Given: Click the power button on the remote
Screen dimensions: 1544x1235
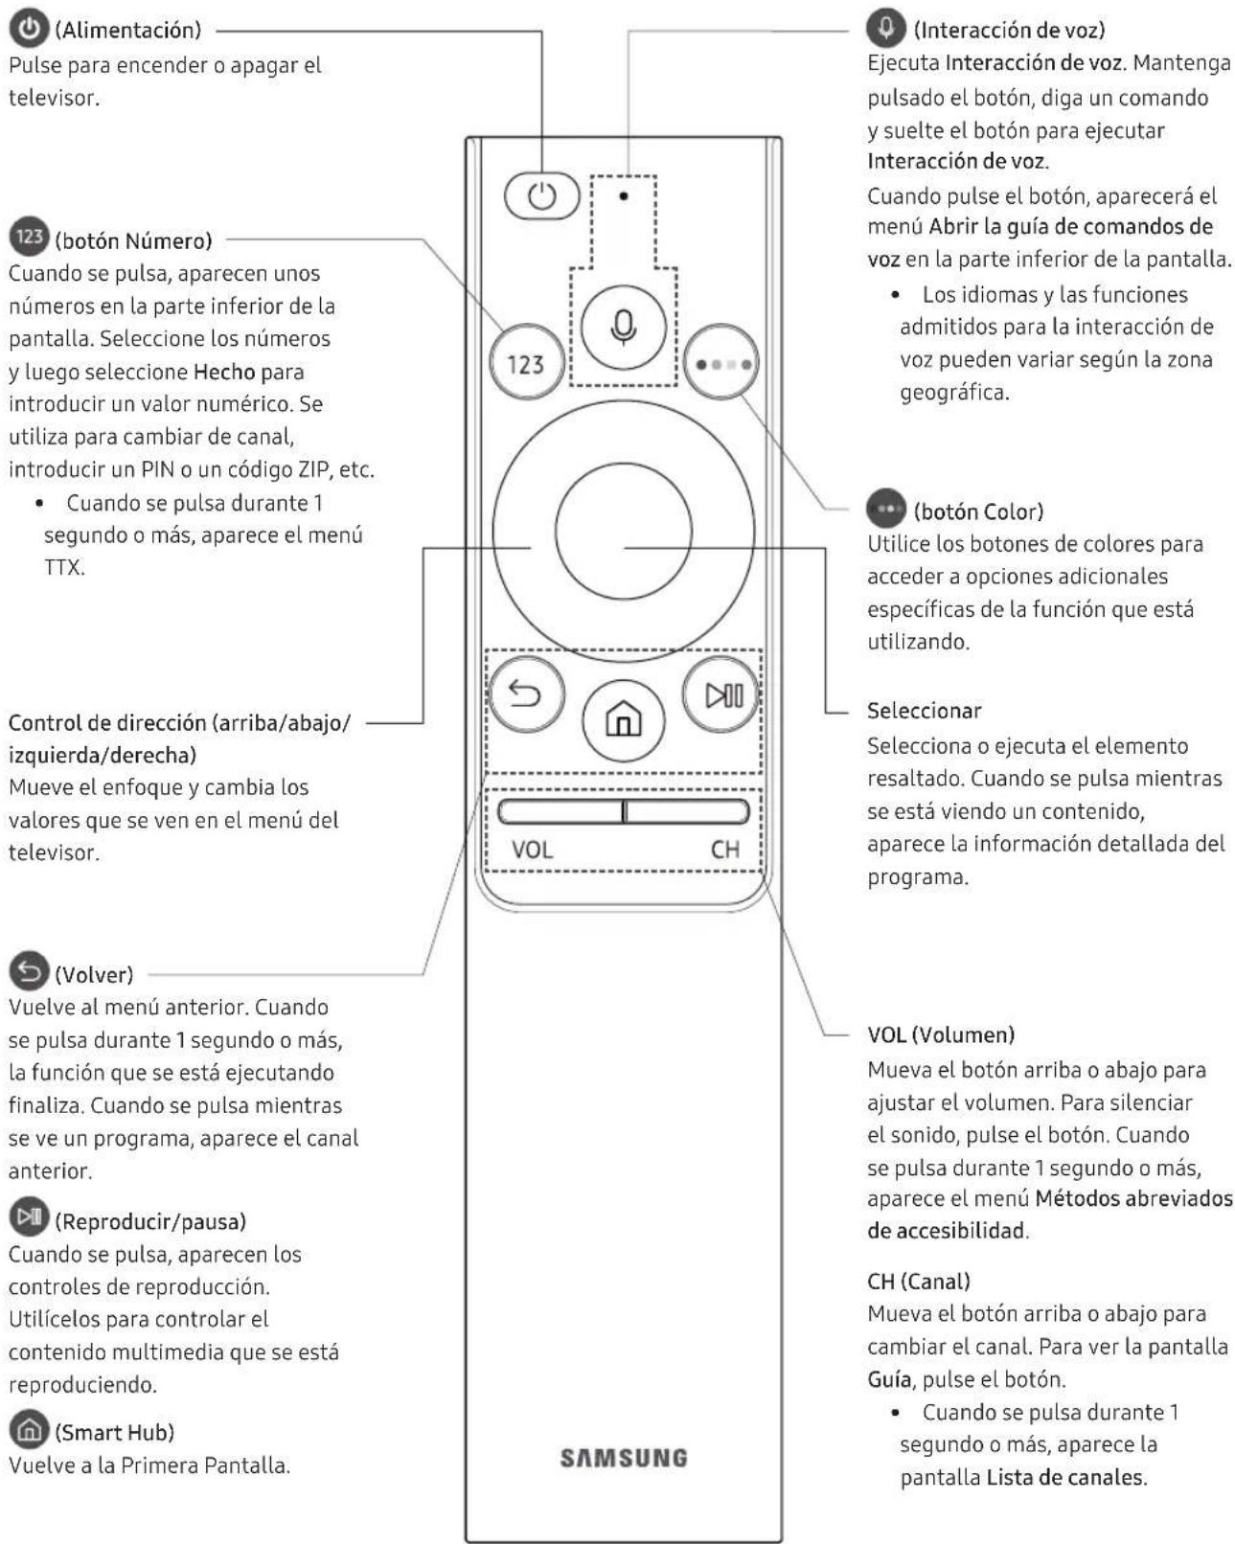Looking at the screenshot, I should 541,197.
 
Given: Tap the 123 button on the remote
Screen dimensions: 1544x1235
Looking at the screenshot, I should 525,364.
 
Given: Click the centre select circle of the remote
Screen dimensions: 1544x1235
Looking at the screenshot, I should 623,531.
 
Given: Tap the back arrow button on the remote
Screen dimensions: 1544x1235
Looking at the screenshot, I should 525,693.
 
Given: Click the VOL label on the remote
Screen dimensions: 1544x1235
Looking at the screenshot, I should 532,850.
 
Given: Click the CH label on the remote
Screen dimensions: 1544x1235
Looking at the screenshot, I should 724,850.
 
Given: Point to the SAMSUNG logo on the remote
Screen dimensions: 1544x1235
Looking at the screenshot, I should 624,1458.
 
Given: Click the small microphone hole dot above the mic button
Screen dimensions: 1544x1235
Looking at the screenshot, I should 624,196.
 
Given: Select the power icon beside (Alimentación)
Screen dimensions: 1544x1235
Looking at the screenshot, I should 29,29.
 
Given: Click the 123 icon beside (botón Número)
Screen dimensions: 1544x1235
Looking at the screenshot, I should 29,237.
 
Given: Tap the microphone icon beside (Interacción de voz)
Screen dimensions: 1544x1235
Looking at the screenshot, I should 885,28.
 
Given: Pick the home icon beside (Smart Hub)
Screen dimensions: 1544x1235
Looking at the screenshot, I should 29,1430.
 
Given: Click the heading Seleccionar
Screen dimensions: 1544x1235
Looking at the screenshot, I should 924,711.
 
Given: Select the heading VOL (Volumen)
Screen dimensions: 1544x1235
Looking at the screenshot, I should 940,1034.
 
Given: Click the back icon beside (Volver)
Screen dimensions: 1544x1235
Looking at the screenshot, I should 29,972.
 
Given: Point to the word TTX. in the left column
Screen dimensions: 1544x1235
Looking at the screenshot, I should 64,567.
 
